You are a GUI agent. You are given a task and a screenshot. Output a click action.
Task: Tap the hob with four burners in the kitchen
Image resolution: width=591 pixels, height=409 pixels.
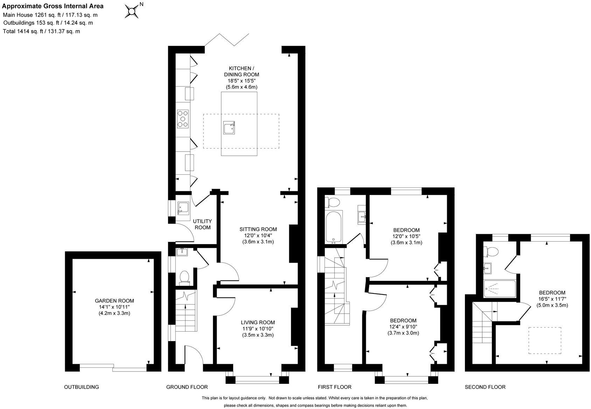point(183,118)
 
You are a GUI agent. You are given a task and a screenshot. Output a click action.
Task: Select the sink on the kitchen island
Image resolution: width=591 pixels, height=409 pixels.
point(229,128)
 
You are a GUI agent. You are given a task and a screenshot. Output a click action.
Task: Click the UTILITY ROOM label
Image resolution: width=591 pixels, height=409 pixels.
point(202,224)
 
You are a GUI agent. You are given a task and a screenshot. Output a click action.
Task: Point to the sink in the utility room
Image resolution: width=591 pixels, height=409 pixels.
point(183,208)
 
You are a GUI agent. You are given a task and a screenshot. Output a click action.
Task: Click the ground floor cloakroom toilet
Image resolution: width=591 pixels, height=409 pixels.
point(185,277)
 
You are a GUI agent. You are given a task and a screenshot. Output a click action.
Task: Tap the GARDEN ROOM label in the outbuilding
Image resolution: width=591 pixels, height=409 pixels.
point(114,300)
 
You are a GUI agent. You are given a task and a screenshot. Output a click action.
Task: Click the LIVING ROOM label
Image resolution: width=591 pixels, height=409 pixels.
point(258,322)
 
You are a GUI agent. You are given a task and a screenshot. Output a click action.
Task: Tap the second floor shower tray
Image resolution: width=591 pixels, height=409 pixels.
point(499,289)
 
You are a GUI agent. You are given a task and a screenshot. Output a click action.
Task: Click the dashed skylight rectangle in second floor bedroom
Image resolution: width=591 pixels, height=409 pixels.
point(545,340)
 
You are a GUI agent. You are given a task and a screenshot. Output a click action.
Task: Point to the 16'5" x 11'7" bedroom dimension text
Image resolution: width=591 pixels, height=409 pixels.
point(552,299)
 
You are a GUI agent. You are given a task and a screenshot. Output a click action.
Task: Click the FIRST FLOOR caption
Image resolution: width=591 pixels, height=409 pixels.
point(334,387)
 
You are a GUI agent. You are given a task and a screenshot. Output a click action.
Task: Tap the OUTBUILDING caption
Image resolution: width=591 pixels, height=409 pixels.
point(81,387)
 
